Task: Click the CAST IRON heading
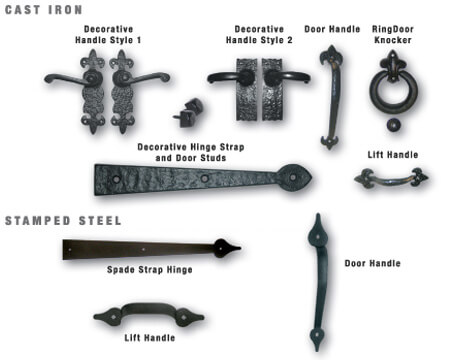(43, 10)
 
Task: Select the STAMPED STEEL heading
(63, 221)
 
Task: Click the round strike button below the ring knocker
(394, 125)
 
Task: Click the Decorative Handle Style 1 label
(108, 35)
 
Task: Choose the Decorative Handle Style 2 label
(259, 35)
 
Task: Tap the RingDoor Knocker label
(393, 35)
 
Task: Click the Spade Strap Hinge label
(150, 270)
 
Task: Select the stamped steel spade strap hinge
(150, 249)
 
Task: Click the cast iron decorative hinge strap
(203, 179)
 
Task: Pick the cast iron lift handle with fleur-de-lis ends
(391, 179)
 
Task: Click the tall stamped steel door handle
(318, 282)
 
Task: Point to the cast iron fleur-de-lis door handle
(331, 97)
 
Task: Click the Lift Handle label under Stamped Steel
(150, 338)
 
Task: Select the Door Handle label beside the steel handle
(372, 263)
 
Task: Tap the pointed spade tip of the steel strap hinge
(240, 248)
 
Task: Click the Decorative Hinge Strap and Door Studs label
(191, 152)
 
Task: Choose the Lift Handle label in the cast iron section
(393, 155)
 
